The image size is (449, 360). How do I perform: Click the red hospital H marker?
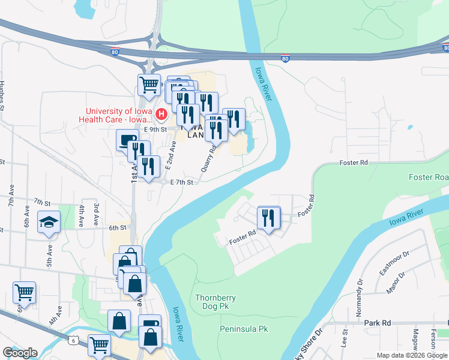(161, 114)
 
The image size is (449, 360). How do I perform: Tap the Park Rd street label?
(378, 323)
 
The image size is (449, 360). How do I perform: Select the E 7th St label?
(182, 182)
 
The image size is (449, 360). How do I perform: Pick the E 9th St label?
(155, 129)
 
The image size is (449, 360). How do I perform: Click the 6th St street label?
(118, 227)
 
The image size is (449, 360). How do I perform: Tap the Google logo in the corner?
(19, 353)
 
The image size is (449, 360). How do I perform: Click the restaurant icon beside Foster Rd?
(269, 218)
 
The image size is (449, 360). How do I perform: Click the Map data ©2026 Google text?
(412, 355)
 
